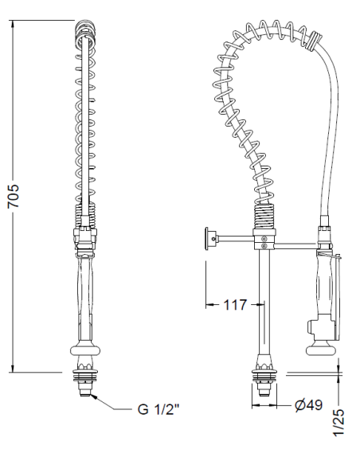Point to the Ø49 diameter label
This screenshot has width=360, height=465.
coord(307,405)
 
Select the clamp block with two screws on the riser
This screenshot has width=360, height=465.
coord(262,237)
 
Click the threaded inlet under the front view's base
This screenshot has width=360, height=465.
coord(87,389)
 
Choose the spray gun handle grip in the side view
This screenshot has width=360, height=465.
coord(324,287)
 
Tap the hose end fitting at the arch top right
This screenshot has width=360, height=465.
coord(315,39)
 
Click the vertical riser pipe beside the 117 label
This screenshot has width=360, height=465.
coord(262,303)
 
